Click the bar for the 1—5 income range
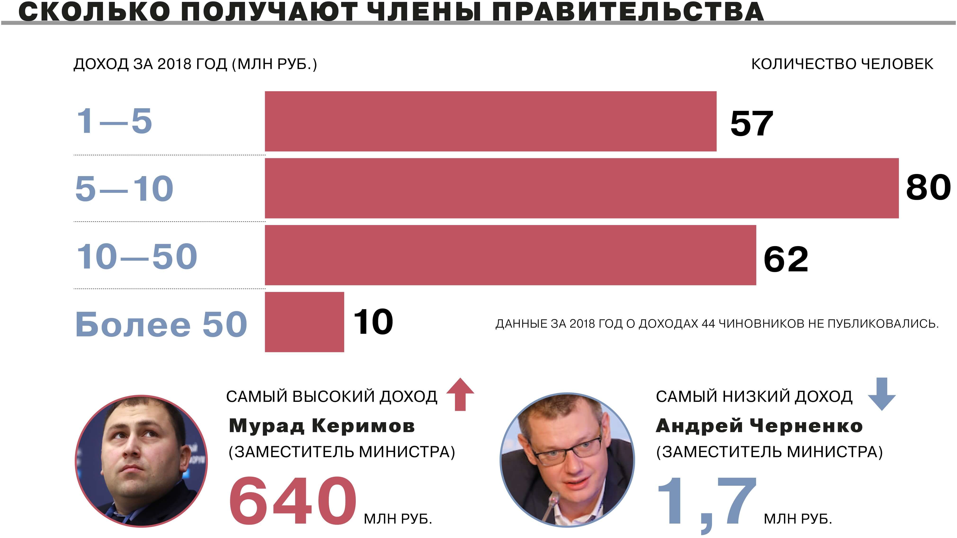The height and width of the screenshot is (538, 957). (x=490, y=121)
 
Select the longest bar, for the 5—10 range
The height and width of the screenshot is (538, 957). (x=581, y=188)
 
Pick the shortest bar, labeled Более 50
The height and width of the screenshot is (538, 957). (x=304, y=322)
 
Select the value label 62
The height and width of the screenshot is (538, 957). (x=785, y=259)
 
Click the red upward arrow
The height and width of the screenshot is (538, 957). (x=460, y=394)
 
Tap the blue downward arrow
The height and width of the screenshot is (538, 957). (x=881, y=394)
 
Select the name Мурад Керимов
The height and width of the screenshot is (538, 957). (x=321, y=425)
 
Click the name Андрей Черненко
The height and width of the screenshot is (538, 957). (x=759, y=425)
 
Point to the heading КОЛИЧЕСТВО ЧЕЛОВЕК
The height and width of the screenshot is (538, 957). (x=842, y=64)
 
